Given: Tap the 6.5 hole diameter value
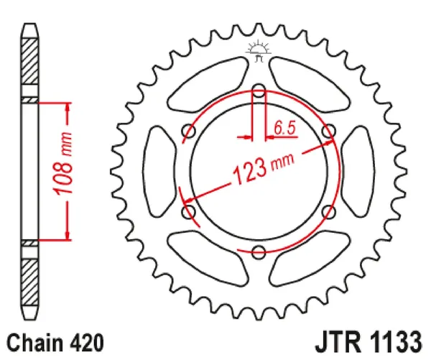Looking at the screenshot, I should (x=284, y=129).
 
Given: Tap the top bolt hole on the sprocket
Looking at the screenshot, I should (x=259, y=91).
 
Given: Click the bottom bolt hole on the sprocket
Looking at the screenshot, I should (x=259, y=251).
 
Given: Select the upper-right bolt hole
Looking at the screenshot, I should (x=328, y=131).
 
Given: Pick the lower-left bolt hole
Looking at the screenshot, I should (x=190, y=211).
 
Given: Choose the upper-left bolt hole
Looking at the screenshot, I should (x=190, y=131).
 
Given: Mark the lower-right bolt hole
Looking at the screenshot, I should (x=328, y=211).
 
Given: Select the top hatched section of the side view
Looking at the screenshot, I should (x=29, y=65).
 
